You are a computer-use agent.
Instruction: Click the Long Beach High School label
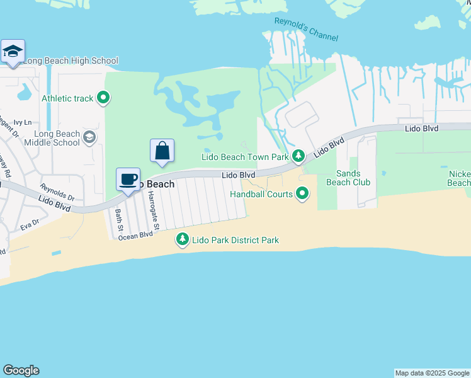(x=71, y=61)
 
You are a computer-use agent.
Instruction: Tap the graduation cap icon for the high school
(x=13, y=51)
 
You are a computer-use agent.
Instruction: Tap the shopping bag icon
(x=162, y=151)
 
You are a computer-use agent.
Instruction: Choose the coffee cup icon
(x=128, y=180)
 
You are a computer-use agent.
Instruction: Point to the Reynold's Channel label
(x=306, y=30)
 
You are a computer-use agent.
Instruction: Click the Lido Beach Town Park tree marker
(x=298, y=156)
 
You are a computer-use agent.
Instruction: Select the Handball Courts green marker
(x=302, y=193)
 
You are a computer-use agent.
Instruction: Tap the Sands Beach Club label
(x=348, y=178)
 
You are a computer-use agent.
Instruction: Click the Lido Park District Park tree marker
(x=182, y=239)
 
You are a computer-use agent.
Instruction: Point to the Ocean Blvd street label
(x=136, y=235)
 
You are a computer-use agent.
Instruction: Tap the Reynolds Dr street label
(x=57, y=192)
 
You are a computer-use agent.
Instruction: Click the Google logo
(x=21, y=370)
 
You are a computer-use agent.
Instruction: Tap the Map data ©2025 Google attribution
(x=432, y=373)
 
